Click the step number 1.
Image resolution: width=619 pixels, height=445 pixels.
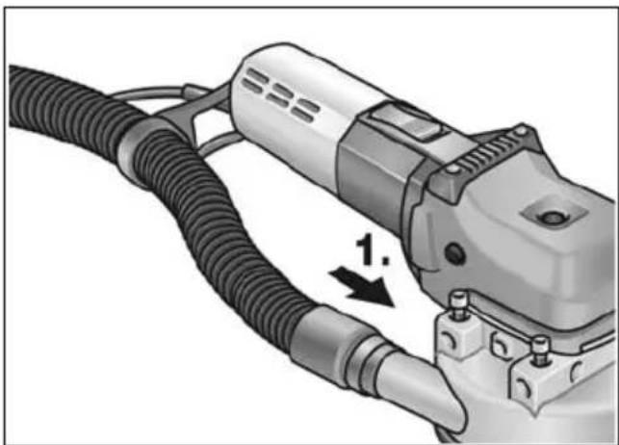tap(372, 249)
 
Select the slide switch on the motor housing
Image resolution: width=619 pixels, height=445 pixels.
tap(407, 119)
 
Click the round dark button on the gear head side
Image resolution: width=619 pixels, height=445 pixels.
tap(454, 253)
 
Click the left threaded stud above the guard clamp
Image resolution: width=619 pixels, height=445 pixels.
tap(458, 306)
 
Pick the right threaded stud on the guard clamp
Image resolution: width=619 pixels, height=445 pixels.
tap(540, 350)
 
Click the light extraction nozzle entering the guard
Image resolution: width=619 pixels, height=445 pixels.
tap(419, 389)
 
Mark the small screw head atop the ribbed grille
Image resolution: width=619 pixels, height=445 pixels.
tap(522, 130)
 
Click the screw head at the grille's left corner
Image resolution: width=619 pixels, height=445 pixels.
tap(453, 170)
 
